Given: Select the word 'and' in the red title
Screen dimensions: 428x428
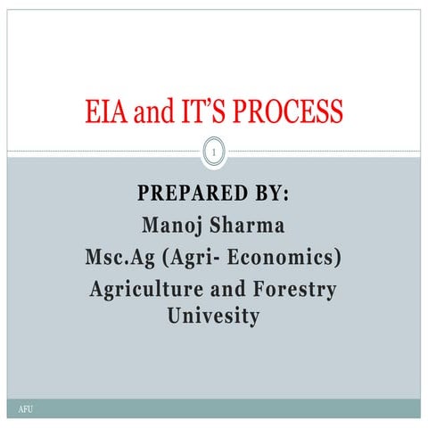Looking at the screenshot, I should (x=152, y=112).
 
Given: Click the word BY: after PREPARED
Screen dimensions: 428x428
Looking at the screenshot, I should (x=270, y=193).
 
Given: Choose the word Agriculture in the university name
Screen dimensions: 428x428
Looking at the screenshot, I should (x=146, y=290).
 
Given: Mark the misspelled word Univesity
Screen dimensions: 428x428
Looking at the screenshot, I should (x=214, y=315).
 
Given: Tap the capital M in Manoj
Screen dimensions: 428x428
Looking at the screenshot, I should (x=151, y=226).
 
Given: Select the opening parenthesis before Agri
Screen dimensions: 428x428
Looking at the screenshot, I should (x=164, y=258).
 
